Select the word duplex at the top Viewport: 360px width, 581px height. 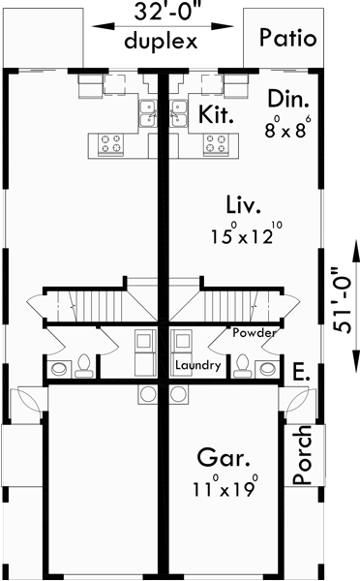tap(161, 42)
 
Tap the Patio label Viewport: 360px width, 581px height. tap(287, 39)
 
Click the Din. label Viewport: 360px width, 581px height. tap(290, 97)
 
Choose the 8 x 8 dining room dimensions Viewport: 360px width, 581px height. tap(290, 125)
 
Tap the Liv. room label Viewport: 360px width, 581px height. tap(241, 204)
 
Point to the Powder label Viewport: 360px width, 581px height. tap(254, 332)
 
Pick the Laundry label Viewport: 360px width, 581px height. tap(200, 366)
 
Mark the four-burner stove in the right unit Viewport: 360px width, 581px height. tap(216, 144)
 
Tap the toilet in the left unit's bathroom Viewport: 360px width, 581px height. tap(84, 365)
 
